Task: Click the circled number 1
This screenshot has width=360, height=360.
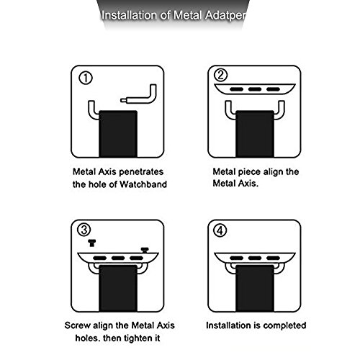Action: [86, 78]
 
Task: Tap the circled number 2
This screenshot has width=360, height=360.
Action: [220, 75]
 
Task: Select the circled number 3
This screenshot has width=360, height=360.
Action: [84, 230]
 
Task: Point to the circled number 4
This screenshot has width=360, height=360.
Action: [220, 230]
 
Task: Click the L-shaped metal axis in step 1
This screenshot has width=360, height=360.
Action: [149, 99]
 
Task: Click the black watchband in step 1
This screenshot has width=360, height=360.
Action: [118, 134]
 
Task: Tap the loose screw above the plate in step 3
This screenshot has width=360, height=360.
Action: [92, 243]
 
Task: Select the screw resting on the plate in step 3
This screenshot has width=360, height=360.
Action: [145, 250]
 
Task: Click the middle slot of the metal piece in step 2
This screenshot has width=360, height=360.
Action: [255, 89]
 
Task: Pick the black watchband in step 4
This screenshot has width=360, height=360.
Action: [255, 288]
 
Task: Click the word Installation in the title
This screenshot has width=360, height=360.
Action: [129, 16]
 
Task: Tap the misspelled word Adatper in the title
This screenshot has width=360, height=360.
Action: [225, 16]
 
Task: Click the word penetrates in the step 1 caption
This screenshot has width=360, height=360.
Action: [141, 172]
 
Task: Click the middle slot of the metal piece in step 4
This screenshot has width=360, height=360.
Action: [255, 258]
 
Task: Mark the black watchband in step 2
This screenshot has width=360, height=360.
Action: [255, 134]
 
